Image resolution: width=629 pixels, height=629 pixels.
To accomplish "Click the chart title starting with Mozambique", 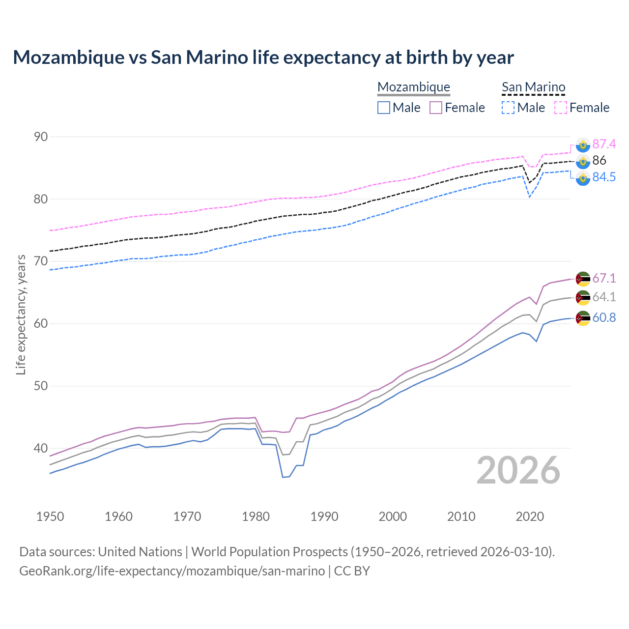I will pyautogui.click(x=263, y=57).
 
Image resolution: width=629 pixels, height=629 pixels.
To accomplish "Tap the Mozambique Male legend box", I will pyautogui.click(x=384, y=108).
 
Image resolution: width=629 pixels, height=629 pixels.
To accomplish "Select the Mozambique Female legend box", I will pyautogui.click(x=436, y=108).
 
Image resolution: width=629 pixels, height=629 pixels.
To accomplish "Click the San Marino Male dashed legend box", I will pyautogui.click(x=508, y=108).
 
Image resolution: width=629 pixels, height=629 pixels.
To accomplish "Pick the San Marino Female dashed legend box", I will pyautogui.click(x=561, y=108).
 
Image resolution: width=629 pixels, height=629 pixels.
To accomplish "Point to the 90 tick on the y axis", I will pyautogui.click(x=41, y=137).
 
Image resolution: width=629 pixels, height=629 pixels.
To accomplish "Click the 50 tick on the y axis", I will pyautogui.click(x=41, y=386).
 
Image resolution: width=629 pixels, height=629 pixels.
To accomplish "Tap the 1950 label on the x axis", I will pyautogui.click(x=50, y=516).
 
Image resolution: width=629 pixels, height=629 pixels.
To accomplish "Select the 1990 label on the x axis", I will pyautogui.click(x=324, y=516).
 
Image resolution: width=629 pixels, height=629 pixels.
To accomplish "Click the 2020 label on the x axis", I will pyautogui.click(x=530, y=516).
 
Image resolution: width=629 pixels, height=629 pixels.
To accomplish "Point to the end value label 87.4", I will pyautogui.click(x=604, y=144).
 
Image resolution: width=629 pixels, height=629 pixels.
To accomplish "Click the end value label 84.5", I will pyautogui.click(x=604, y=177).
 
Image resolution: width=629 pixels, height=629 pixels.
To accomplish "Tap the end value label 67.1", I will pyautogui.click(x=604, y=278).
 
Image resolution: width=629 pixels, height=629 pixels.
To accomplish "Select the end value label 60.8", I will pyautogui.click(x=604, y=318).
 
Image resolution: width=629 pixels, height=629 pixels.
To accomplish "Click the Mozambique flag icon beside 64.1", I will pyautogui.click(x=583, y=298).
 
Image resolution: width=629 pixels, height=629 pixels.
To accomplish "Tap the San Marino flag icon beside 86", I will pyautogui.click(x=583, y=161).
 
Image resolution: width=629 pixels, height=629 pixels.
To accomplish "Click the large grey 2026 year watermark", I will pyautogui.click(x=518, y=470).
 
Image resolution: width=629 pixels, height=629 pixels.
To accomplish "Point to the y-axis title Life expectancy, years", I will pyautogui.click(x=21, y=314).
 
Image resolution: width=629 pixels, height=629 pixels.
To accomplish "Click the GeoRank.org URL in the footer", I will pyautogui.click(x=172, y=571).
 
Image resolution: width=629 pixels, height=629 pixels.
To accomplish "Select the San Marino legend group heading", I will pyautogui.click(x=533, y=87).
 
